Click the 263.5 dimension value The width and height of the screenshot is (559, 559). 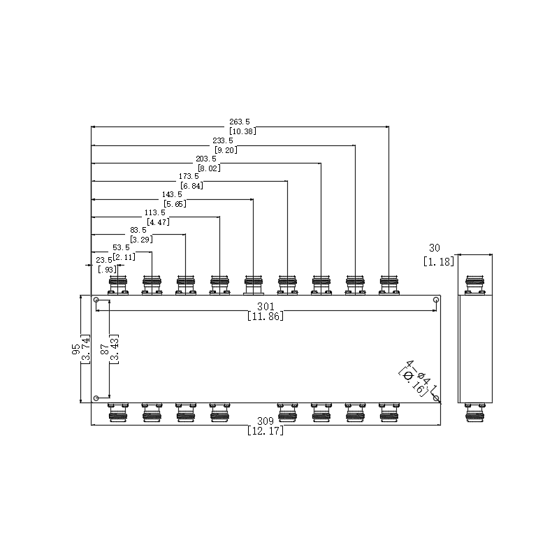[x=240, y=122]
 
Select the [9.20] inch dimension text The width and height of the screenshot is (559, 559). [x=226, y=150]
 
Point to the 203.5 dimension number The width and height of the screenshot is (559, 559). [x=206, y=159]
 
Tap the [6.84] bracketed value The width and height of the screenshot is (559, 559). [x=191, y=185]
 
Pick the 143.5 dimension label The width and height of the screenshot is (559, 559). [x=172, y=195]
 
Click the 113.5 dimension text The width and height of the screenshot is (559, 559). [x=154, y=213]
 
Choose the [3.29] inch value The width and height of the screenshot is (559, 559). [x=142, y=239]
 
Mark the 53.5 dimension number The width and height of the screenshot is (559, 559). [x=121, y=248]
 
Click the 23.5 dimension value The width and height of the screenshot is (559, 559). [x=104, y=261]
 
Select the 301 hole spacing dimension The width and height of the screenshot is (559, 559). [x=266, y=306]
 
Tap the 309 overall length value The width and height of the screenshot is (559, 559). [x=266, y=421]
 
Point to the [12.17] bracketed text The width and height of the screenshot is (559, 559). [x=266, y=430]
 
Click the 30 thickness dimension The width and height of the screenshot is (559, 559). [x=435, y=248]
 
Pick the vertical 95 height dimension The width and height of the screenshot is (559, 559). [x=76, y=349]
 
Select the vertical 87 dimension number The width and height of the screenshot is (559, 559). [x=104, y=349]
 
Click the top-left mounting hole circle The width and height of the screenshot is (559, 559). [x=96, y=300]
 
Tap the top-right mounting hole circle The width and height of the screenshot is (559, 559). [x=435, y=300]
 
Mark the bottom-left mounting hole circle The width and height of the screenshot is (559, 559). [x=96, y=398]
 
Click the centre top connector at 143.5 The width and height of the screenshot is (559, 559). [x=254, y=285]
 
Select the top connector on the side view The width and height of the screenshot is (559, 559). [x=475, y=285]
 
